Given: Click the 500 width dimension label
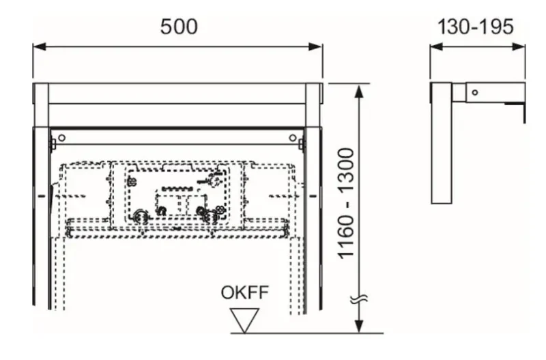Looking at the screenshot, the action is coord(179,27).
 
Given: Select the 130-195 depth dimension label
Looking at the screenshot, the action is coord(475,27).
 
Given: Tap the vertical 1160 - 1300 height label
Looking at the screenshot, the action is coord(346,204).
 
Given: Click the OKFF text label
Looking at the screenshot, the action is coord(245,292).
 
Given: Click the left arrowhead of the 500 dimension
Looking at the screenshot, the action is coord(40,46).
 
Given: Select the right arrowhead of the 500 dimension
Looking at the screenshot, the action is coord(315,46).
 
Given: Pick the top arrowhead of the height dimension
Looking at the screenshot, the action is coord(360,91).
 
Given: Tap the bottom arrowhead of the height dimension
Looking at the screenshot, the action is coord(360,327).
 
